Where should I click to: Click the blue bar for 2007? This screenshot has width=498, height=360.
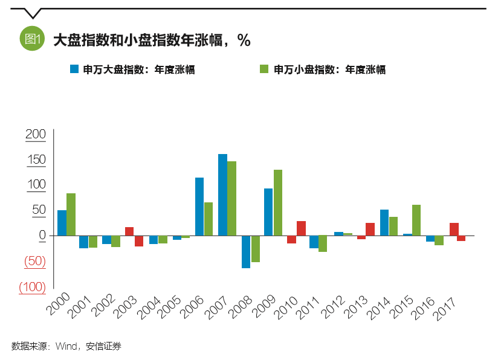click(x=222, y=194)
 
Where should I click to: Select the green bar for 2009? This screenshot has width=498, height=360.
click(x=278, y=202)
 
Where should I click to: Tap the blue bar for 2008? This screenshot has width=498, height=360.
click(x=246, y=251)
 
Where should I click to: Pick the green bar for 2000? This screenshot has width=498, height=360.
click(x=71, y=214)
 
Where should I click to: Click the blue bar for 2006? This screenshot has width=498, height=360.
click(x=199, y=206)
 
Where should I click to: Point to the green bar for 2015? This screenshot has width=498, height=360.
click(x=416, y=220)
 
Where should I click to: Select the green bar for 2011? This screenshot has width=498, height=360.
click(x=323, y=243)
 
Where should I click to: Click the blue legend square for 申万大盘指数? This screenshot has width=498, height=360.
click(x=74, y=69)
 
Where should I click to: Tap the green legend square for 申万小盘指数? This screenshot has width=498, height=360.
click(x=264, y=69)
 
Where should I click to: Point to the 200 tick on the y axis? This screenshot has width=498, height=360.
click(x=36, y=134)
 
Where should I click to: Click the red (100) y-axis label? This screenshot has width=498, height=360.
click(x=32, y=287)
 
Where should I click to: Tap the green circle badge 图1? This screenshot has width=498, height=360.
click(x=32, y=39)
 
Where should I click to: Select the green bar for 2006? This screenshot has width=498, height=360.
click(x=209, y=219)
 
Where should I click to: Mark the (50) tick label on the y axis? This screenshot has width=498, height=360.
click(x=35, y=262)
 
